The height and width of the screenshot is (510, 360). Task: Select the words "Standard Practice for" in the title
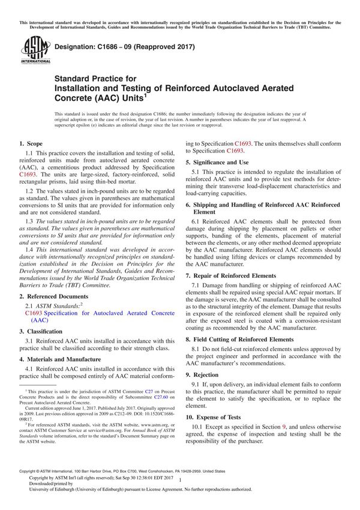pyautogui.click(x=95, y=79)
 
